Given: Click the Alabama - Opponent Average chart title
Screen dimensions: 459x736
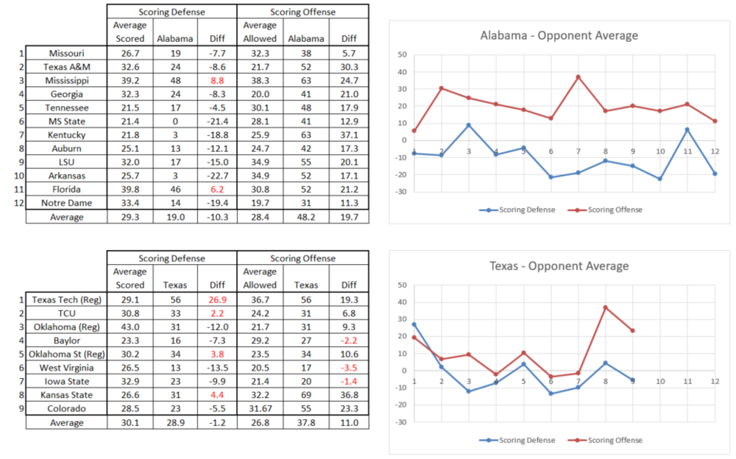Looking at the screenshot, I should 559,35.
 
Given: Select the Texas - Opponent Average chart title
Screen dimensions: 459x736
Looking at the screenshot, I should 559,266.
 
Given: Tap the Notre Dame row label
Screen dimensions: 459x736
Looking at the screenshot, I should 66,203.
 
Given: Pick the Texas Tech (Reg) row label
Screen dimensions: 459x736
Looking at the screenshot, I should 66,299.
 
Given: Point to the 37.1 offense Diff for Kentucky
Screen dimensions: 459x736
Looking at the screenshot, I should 349,135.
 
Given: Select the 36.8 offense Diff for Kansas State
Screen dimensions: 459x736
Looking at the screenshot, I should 349,395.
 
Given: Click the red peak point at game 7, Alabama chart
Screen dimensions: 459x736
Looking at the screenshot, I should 578,76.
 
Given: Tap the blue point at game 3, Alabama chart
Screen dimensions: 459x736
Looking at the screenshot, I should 469,125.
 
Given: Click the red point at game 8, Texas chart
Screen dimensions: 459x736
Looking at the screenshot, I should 606,307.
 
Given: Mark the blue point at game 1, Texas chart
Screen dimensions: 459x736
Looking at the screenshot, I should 414,324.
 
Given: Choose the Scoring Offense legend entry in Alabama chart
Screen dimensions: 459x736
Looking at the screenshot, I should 605,210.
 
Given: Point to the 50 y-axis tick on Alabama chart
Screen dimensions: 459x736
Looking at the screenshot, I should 402,54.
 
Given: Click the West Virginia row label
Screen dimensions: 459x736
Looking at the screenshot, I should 66,368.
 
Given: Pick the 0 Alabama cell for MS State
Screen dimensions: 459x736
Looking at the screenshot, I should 174,121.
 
